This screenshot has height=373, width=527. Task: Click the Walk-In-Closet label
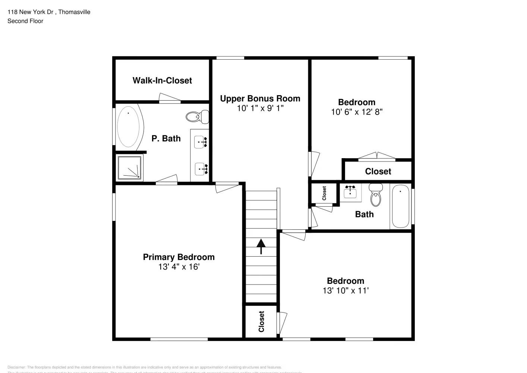tap(162, 81)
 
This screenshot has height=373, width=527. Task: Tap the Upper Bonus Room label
tap(260, 99)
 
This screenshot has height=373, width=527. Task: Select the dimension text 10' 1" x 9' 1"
tap(260, 109)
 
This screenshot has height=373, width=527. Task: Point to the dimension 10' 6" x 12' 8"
tap(356, 112)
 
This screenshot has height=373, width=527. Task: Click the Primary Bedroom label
tap(179, 257)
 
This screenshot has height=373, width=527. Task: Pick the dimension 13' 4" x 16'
tap(179, 267)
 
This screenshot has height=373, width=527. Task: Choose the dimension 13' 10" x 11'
tap(345, 291)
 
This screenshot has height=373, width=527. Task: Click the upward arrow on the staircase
tap(261, 247)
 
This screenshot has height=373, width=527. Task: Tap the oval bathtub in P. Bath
tap(128, 126)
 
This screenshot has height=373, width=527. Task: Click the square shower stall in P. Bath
tap(129, 167)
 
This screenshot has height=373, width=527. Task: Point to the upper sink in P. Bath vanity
tap(201, 142)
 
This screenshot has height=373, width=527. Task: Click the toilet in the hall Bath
tap(376, 194)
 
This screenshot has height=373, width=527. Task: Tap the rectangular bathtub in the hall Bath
tap(401, 206)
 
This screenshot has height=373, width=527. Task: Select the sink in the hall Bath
tap(350, 192)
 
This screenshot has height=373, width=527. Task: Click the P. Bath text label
tap(166, 139)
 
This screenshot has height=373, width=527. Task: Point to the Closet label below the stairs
tap(261, 322)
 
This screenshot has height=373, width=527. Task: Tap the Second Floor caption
tap(25, 21)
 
